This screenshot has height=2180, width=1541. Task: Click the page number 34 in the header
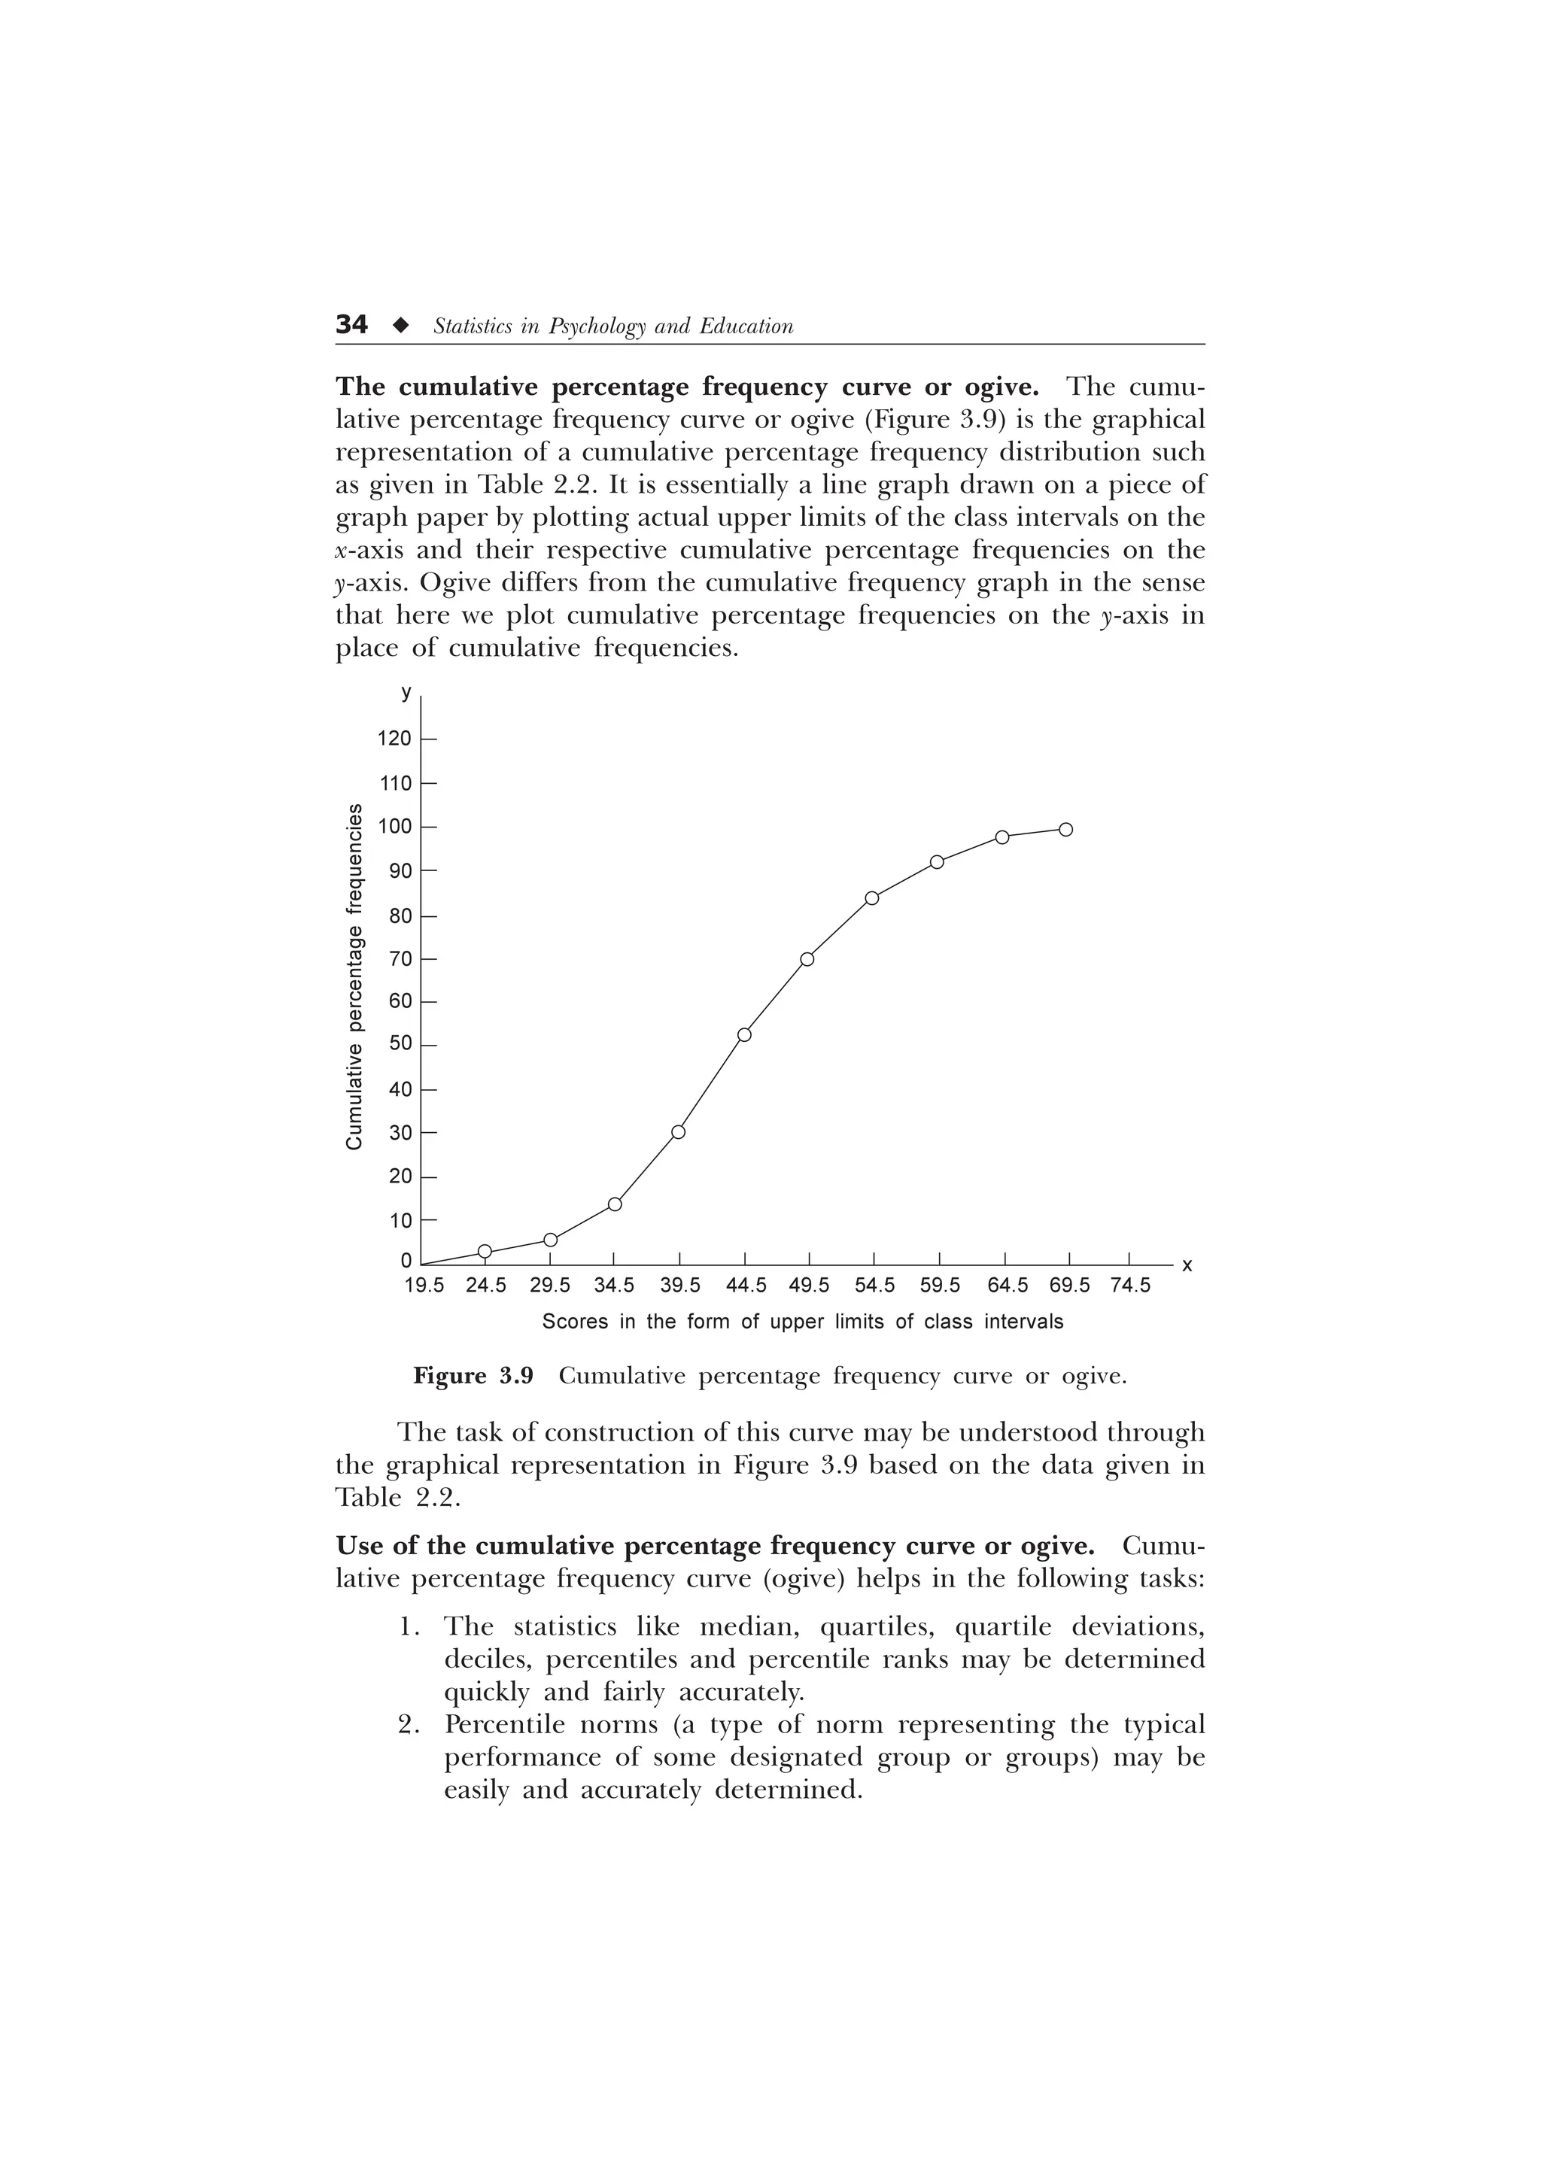[x=351, y=326]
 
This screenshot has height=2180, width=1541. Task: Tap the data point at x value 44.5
[x=744, y=1035]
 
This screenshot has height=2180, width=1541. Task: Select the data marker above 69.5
[x=1065, y=830]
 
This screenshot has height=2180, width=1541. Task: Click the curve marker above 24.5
[x=485, y=1252]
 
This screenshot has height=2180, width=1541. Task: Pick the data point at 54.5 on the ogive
[x=873, y=898]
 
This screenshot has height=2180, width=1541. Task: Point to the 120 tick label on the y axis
[x=394, y=739]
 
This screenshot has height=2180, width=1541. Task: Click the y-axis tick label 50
[x=401, y=1044]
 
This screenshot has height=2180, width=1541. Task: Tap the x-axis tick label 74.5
[x=1130, y=1286]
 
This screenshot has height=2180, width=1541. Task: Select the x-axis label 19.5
[x=424, y=1286]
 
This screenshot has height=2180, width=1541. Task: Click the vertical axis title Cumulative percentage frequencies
[x=354, y=977]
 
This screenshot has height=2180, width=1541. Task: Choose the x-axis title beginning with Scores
[x=802, y=1322]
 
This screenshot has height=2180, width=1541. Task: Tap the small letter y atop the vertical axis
[x=406, y=693]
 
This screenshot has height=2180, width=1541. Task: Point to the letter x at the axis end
[x=1187, y=1266]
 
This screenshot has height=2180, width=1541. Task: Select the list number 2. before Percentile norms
[x=409, y=1725]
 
